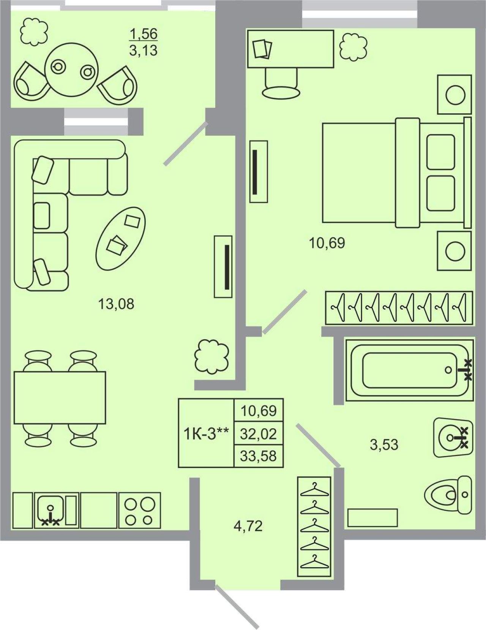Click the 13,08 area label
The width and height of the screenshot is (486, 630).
pos(116,304)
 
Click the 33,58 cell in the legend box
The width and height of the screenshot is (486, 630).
pos(258,456)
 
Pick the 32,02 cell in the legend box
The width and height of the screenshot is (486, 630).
pos(258,434)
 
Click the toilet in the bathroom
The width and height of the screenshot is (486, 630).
pos(448,495)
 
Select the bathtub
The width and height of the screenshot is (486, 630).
pos(409,370)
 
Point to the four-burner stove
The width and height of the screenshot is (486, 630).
pos(139,511)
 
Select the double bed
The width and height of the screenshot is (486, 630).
pos(397,173)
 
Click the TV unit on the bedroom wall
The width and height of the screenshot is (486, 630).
pos(259,171)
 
